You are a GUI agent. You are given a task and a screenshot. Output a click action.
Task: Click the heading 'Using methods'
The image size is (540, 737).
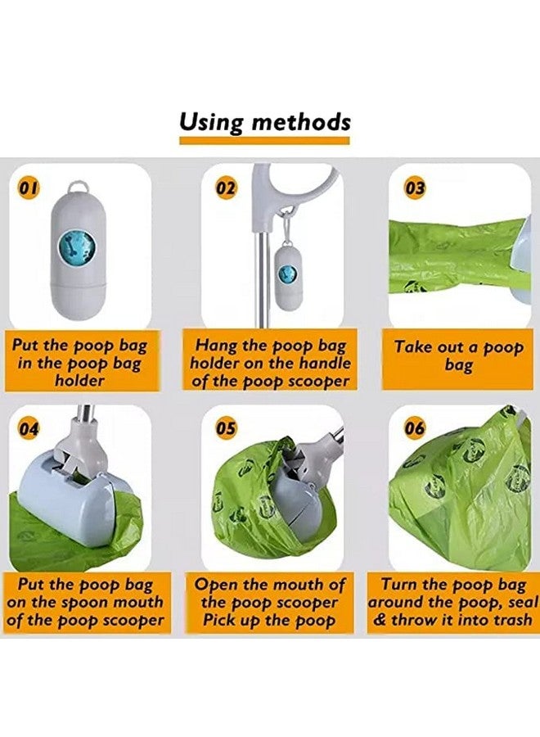pos(265,122)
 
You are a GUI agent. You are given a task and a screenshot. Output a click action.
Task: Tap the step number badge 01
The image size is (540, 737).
pos(29,188)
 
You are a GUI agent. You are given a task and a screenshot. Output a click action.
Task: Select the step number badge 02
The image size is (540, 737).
pos(226,188)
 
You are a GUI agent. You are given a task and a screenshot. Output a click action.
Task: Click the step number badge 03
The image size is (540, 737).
pos(416,188)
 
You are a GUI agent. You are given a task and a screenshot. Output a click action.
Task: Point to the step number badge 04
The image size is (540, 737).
pos(29,427)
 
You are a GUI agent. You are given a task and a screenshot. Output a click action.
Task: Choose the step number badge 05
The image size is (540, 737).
pos(226,427)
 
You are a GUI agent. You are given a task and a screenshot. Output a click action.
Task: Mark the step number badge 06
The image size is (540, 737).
pos(416,427)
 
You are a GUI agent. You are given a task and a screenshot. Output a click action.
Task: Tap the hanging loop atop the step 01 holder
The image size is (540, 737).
pos(79,188)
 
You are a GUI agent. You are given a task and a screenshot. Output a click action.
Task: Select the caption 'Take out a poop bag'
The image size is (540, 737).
pos(458,355)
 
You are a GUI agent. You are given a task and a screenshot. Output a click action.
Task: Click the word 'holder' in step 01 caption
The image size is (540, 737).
pos(79,381)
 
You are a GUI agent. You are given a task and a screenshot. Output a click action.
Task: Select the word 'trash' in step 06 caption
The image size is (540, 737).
pos(506,620)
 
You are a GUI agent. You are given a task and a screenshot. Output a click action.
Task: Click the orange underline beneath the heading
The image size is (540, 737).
pos(265,141)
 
